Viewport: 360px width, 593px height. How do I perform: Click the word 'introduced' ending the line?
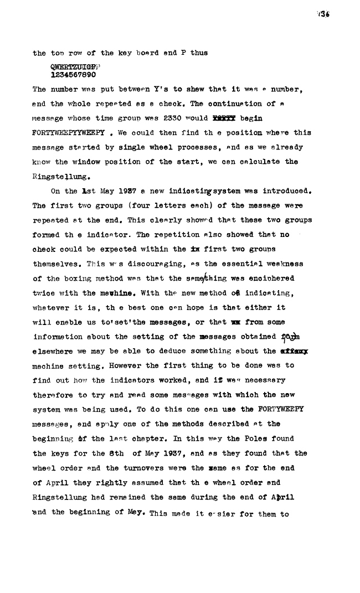tap(289, 192)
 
